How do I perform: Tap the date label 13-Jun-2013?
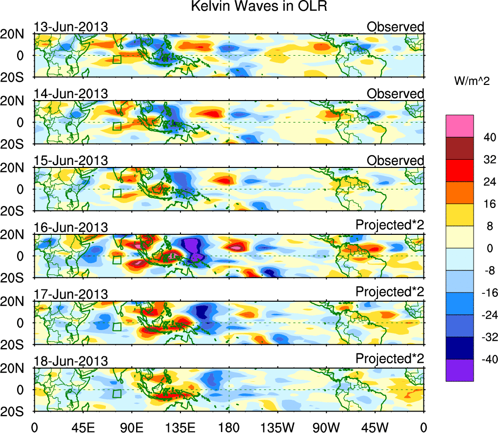tap(71, 27)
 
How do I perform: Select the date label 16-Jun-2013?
tap(71, 227)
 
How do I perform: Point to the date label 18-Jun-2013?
tap(71, 361)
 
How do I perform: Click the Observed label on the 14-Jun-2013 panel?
tap(396, 94)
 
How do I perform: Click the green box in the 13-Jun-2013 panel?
tap(117, 59)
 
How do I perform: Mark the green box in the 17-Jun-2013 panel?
tap(117, 327)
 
